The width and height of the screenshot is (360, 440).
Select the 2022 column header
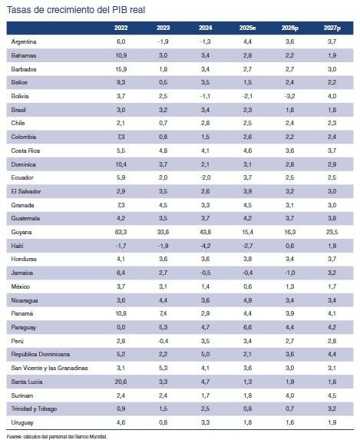pyautogui.click(x=120, y=28)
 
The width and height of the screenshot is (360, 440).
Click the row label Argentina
pyautogui.click(x=28, y=42)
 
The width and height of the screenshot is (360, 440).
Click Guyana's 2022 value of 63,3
pyautogui.click(x=120, y=231)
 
